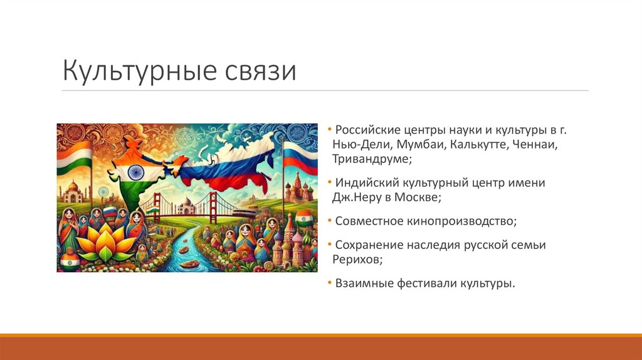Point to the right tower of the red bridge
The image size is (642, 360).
coord(214,204)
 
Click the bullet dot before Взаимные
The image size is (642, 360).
coord(330,283)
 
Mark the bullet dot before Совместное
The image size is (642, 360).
coord(330,221)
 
